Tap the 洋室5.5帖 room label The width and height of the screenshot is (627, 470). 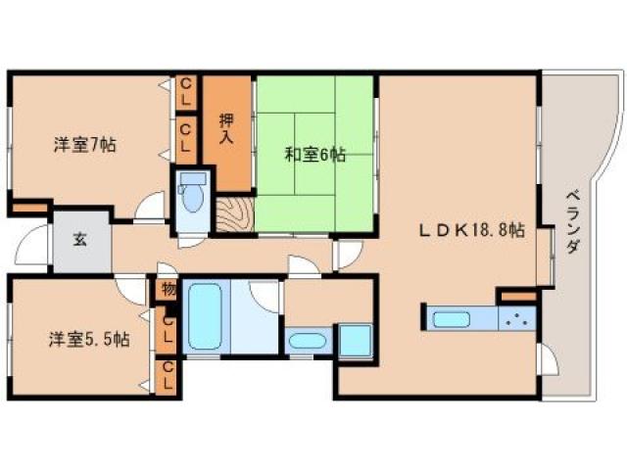point(89,340)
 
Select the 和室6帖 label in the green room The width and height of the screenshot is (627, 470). point(315,154)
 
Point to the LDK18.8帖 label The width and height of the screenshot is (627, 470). point(472,231)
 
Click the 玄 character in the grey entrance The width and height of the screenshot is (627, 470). point(77,240)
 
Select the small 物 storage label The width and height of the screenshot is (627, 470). point(168,290)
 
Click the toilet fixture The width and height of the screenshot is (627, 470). point(193,197)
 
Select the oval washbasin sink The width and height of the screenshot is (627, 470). point(307,342)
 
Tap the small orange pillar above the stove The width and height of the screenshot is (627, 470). point(517,295)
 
